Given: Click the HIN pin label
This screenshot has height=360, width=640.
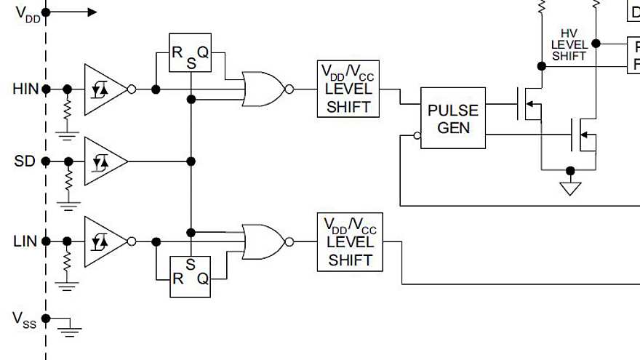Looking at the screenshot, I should pyautogui.click(x=25, y=89).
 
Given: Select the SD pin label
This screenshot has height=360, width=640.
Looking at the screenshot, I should pyautogui.click(x=24, y=161).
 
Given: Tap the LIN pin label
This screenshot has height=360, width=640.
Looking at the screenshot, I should pyautogui.click(x=25, y=241).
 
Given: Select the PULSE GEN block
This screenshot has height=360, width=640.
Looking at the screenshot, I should pyautogui.click(x=452, y=119).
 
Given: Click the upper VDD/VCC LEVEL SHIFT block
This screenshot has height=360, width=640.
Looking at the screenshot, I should pyautogui.click(x=348, y=89).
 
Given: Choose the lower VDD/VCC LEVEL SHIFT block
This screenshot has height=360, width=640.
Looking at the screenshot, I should pyautogui.click(x=348, y=241).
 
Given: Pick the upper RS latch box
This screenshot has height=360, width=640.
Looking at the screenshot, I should pyautogui.click(x=190, y=53).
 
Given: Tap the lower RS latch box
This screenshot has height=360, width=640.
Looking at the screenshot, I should pyautogui.click(x=190, y=276).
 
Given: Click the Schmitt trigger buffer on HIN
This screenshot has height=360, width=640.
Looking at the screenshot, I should pyautogui.click(x=103, y=89).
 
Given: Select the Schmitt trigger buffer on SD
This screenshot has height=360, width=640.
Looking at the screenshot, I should pyautogui.click(x=103, y=161).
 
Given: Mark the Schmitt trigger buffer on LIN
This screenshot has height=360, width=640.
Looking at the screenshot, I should pyautogui.click(x=103, y=241).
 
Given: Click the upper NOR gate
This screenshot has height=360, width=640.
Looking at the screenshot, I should pyautogui.click(x=263, y=89).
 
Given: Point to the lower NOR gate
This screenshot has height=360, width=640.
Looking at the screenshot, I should pyautogui.click(x=263, y=241).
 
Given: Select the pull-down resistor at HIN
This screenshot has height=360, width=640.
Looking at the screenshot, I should pyautogui.click(x=68, y=111).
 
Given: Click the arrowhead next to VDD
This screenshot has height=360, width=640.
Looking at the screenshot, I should pyautogui.click(x=92, y=12).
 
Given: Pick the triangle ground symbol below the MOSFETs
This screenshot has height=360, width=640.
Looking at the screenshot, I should pyautogui.click(x=570, y=188).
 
